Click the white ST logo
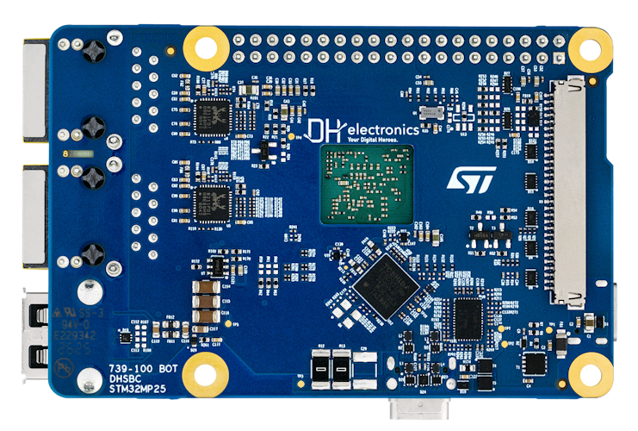[x=471, y=179]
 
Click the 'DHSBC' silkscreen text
[x=124, y=378]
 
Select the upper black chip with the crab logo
[x=212, y=117]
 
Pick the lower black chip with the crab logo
[x=212, y=203]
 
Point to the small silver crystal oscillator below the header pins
[x=430, y=112]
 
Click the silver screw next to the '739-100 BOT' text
[x=86, y=378]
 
